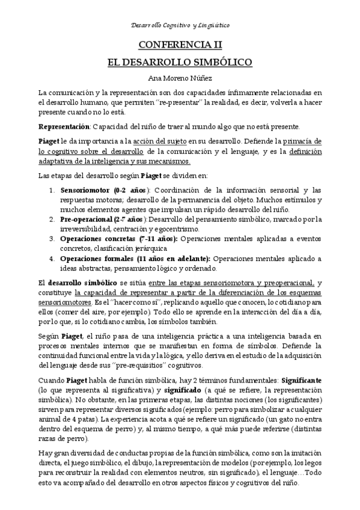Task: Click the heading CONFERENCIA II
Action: [180, 45]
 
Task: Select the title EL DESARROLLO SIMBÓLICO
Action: [180, 61]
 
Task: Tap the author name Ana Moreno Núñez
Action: [180, 78]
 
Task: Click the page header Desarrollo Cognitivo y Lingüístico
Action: [180, 26]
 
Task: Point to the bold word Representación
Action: [63, 126]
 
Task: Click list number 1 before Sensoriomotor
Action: [52, 190]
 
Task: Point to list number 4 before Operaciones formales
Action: [52, 259]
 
